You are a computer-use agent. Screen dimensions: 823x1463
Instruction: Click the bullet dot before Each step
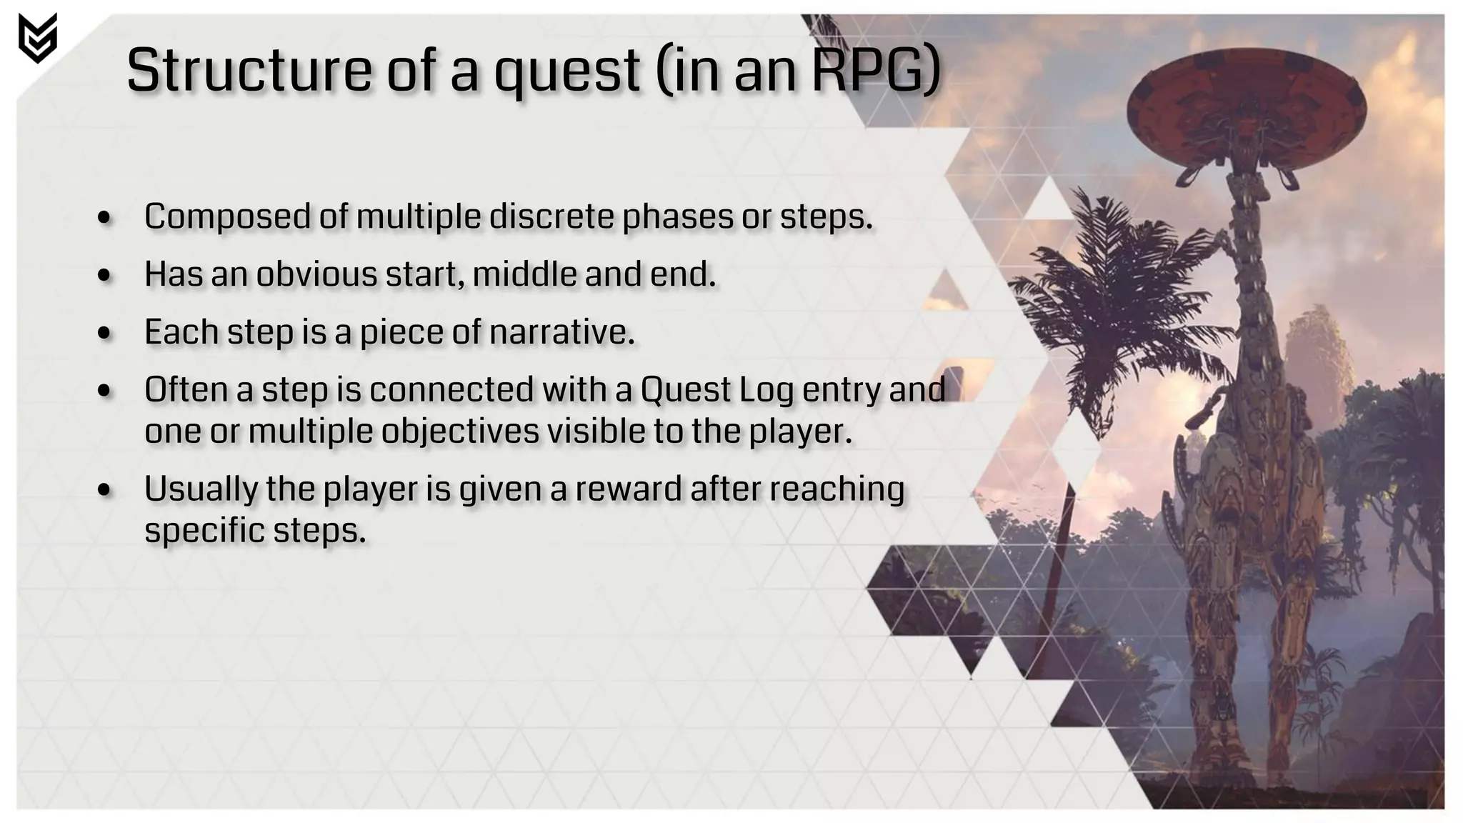point(105,333)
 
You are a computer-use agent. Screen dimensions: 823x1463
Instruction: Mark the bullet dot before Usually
point(105,491)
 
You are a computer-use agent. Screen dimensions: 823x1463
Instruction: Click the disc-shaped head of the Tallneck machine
point(1246,107)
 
